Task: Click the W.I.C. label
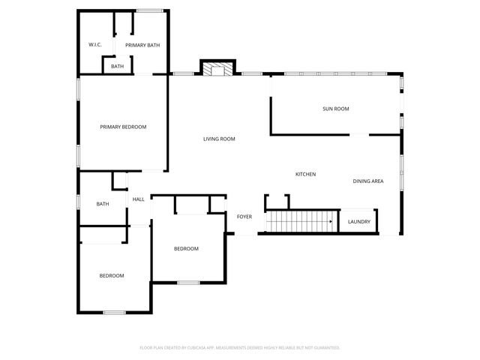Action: point(95,45)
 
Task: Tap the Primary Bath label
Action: point(142,45)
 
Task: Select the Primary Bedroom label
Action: point(123,127)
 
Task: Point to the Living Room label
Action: point(220,139)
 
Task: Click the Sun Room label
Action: point(335,109)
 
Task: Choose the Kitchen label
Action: point(305,174)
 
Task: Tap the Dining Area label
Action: point(368,181)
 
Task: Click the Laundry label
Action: point(359,221)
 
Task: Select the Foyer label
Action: point(244,217)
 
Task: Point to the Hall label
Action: point(139,199)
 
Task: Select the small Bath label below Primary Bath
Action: point(118,67)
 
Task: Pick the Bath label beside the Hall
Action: point(103,203)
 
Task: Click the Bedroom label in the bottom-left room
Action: point(112,275)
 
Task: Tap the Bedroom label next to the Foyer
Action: point(186,248)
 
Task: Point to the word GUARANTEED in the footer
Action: point(324,348)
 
